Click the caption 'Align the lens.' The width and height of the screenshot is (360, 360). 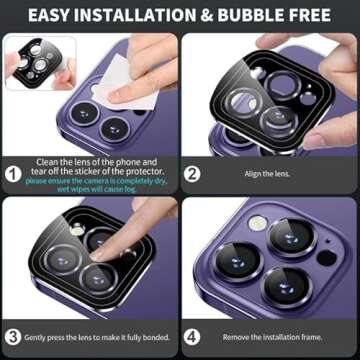[268, 173]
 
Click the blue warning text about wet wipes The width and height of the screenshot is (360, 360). [96, 185]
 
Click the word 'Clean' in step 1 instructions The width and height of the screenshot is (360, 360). [47, 161]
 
